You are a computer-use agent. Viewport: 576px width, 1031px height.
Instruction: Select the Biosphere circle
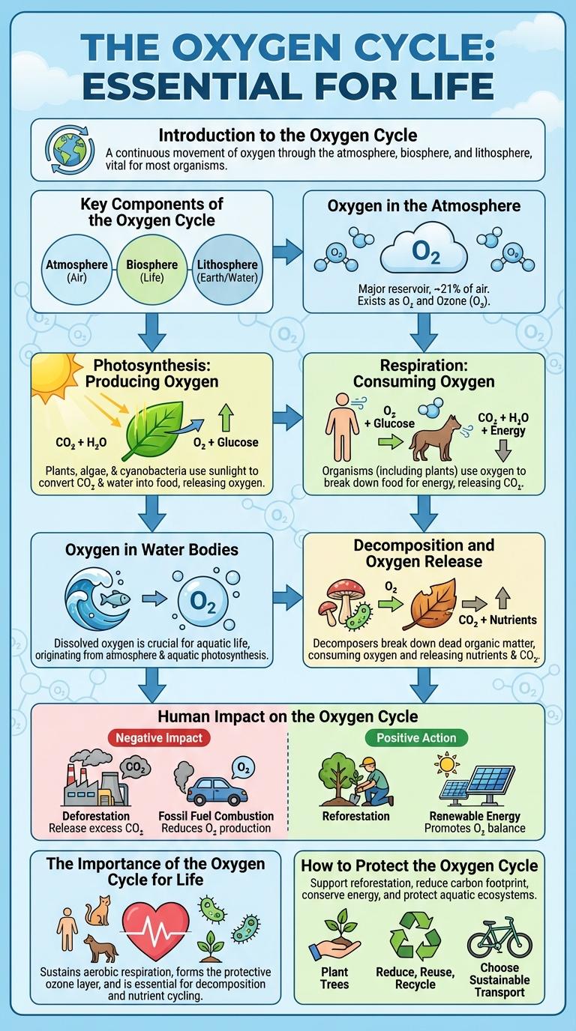click(x=152, y=270)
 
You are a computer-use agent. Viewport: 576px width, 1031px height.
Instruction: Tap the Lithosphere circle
click(x=226, y=270)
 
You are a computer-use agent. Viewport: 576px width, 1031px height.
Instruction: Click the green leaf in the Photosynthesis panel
click(x=154, y=431)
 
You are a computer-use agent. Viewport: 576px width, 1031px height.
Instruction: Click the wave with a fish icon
click(x=98, y=599)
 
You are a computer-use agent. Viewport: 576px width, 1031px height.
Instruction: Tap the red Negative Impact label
click(x=159, y=738)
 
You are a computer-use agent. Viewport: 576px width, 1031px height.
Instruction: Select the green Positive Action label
click(x=416, y=738)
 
